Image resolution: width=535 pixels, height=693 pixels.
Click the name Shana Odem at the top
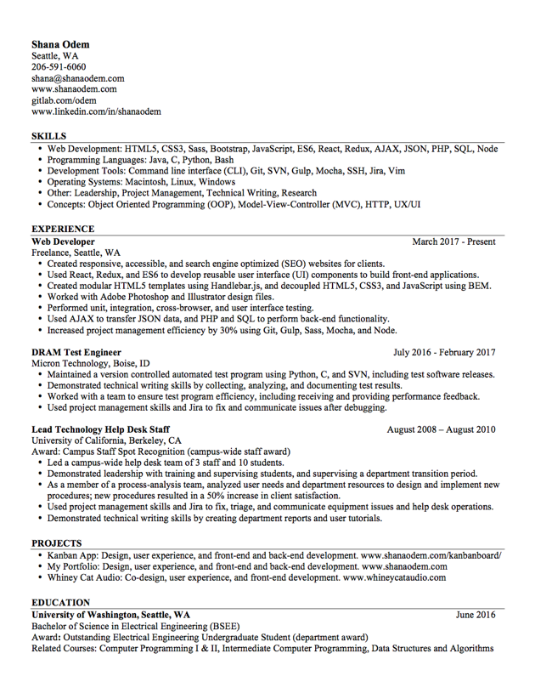pos(60,44)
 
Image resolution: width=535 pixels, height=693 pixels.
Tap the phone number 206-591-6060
pos(59,67)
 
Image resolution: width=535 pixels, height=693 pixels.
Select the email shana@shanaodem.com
pos(78,78)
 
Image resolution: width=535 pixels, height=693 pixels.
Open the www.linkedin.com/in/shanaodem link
pos(96,111)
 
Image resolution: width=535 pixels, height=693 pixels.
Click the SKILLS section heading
pos(48,136)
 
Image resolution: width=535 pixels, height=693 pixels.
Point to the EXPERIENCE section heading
pos(63,229)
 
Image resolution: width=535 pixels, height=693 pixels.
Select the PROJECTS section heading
pos(57,542)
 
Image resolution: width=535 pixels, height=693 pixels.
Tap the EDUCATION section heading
pos(61,602)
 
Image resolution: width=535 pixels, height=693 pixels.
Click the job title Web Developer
pos(63,241)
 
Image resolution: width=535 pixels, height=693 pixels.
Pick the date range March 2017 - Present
pos(453,241)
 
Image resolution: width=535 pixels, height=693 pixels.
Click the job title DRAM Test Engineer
pos(76,352)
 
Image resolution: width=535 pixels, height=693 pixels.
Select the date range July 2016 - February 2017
pos(444,352)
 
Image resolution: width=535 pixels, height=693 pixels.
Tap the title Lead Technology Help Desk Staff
pos(101,429)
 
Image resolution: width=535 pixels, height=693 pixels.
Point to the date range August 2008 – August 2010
pos(442,429)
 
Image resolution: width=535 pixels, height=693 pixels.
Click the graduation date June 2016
pos(476,614)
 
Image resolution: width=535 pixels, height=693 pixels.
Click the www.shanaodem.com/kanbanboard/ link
pos(431,555)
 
